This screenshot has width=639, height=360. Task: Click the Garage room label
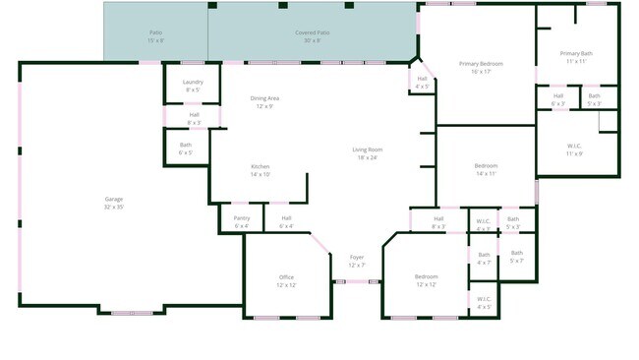(114, 203)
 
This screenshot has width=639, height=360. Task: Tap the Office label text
(286, 280)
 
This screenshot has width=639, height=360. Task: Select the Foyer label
(357, 261)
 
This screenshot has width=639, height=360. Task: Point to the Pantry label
(242, 221)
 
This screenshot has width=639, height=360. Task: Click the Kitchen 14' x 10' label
(260, 170)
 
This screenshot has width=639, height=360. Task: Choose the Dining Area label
(265, 101)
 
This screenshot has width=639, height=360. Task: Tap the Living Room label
(367, 153)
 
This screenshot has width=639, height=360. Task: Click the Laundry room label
(193, 86)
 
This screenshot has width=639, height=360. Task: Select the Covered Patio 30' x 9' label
(313, 36)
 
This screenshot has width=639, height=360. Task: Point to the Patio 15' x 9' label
(155, 36)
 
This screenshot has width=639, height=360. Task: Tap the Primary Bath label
(576, 57)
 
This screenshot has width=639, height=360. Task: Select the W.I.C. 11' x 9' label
(575, 150)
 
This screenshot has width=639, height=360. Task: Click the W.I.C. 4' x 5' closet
(484, 302)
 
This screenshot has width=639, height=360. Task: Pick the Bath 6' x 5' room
(186, 150)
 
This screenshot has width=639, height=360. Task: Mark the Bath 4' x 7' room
(484, 259)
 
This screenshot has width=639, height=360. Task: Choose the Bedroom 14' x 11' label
(486, 169)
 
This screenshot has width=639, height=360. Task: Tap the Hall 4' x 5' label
(422, 82)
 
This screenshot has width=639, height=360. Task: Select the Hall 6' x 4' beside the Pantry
(286, 221)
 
